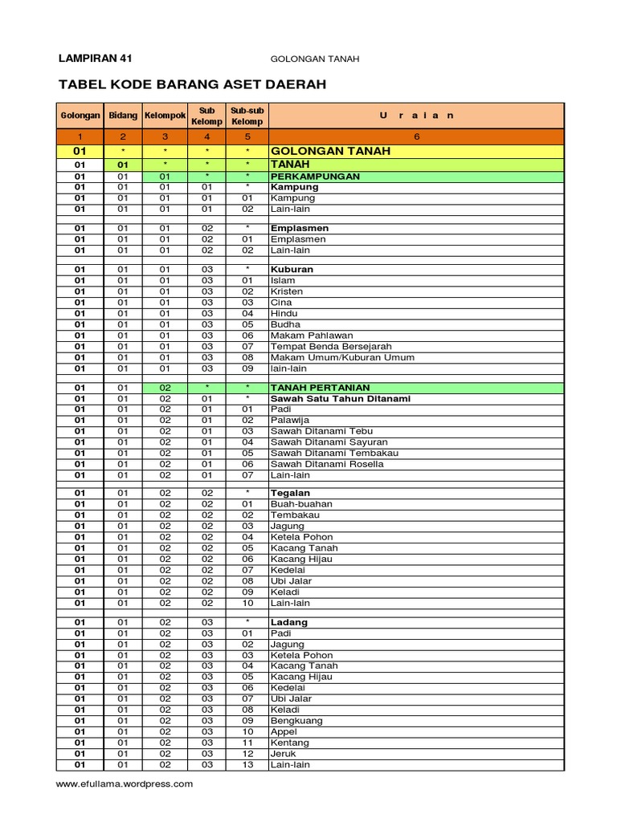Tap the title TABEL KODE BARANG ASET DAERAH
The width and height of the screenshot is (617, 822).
point(193,84)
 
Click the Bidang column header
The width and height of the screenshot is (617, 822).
point(123,116)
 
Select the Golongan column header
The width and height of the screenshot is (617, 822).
point(80,116)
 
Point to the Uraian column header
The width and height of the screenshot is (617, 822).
point(416,116)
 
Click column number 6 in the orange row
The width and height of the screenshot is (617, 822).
point(416,136)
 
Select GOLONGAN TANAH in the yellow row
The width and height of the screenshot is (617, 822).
point(330,151)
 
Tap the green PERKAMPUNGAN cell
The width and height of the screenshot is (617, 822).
point(315,176)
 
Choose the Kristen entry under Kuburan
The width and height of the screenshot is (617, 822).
point(287,291)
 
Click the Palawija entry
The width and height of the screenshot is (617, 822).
point(289,420)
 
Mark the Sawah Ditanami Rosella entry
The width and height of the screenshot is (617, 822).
point(327,464)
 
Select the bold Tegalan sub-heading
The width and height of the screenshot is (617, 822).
point(290,493)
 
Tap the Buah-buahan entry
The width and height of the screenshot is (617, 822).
point(301,504)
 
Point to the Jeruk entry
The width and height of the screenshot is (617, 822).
point(284,754)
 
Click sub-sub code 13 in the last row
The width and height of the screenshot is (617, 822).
point(247,765)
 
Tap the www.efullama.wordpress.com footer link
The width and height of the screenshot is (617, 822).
point(124,784)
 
